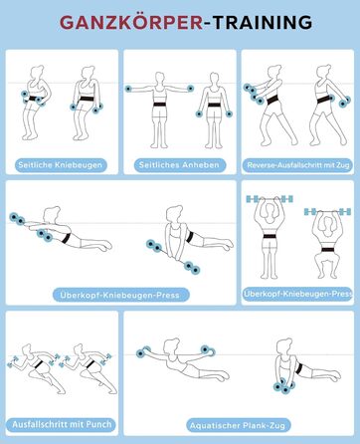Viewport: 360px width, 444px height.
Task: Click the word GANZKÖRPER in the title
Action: tap(131, 23)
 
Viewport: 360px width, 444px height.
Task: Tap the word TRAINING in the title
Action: tap(263, 23)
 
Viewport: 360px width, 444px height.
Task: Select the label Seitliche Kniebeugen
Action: tap(61, 165)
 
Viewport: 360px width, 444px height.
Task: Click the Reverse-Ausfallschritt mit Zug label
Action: tap(298, 165)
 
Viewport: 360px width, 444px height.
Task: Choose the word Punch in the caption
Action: tap(98, 424)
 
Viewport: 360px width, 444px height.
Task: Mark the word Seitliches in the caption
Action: tap(156, 165)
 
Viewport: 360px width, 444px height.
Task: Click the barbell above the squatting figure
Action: tap(327, 211)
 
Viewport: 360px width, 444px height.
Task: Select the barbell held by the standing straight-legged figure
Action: tap(270, 199)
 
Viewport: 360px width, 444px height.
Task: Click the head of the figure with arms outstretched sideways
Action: tap(159, 78)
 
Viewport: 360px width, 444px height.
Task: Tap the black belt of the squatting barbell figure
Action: tap(327, 250)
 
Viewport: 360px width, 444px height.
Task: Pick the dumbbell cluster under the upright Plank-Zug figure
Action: tap(283, 386)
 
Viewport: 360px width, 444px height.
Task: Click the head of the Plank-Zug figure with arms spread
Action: tap(171, 345)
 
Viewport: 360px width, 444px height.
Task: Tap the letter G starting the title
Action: tap(67, 23)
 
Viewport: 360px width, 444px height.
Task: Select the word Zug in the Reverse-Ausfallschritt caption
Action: tap(344, 165)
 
